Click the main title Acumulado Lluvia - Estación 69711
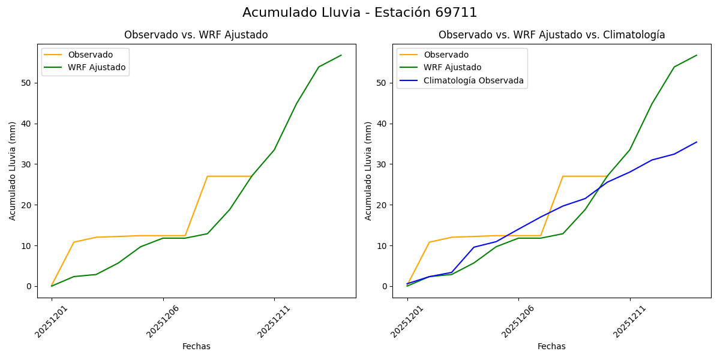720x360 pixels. click(360, 13)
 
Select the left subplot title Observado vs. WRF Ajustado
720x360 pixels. click(196, 35)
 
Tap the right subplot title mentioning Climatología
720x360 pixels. click(551, 35)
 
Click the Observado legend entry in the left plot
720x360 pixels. click(90, 55)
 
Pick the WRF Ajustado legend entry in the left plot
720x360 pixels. click(97, 67)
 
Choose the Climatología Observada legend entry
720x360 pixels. click(473, 80)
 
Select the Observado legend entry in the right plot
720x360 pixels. click(446, 55)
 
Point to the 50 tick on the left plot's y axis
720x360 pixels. click(26, 83)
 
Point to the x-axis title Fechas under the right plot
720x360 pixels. click(551, 346)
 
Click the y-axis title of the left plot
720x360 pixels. click(13, 170)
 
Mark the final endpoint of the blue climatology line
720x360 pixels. click(697, 142)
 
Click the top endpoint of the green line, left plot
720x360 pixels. click(341, 55)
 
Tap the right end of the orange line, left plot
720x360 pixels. click(252, 176)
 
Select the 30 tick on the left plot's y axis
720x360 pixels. click(26, 164)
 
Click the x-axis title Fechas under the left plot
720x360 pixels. click(196, 346)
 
